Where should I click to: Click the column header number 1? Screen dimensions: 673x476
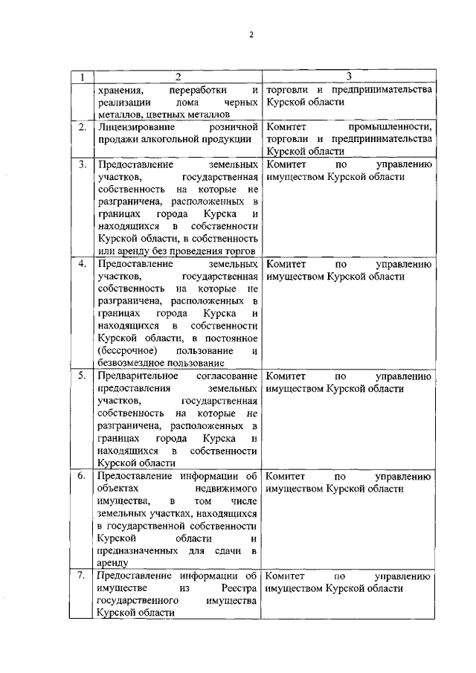tap(81, 77)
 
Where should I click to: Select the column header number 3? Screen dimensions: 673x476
tap(348, 77)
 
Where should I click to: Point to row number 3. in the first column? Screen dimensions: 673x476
tap(83, 164)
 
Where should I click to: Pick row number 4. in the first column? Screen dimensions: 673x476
tap(83, 264)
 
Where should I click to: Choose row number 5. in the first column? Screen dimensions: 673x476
tap(83, 376)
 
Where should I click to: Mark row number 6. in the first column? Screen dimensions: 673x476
tap(83, 476)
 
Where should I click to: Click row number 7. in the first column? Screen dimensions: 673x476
tap(83, 576)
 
